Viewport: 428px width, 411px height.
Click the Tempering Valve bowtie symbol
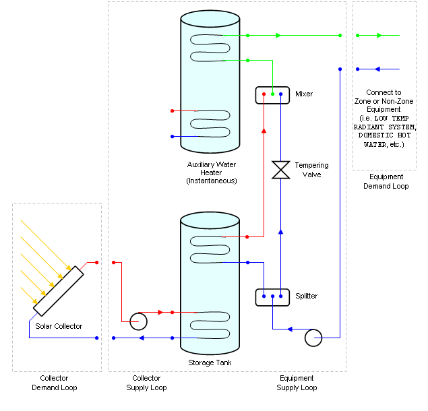[280, 170]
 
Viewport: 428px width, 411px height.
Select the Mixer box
[272, 94]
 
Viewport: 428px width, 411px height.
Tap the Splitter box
[272, 296]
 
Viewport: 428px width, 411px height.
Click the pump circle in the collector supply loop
[139, 321]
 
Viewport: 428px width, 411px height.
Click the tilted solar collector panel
[58, 290]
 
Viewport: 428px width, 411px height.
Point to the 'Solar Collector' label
[59, 326]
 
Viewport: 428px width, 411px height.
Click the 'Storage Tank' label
[210, 362]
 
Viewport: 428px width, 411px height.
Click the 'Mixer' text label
[304, 94]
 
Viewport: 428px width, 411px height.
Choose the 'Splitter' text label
[306, 296]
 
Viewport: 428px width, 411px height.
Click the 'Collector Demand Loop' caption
[55, 383]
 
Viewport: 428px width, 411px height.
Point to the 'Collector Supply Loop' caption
[146, 383]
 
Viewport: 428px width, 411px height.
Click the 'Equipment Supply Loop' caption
[297, 383]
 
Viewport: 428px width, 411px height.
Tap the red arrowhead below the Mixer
[264, 131]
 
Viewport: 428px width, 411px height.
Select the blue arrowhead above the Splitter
[280, 231]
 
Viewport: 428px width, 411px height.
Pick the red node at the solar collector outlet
[97, 262]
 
